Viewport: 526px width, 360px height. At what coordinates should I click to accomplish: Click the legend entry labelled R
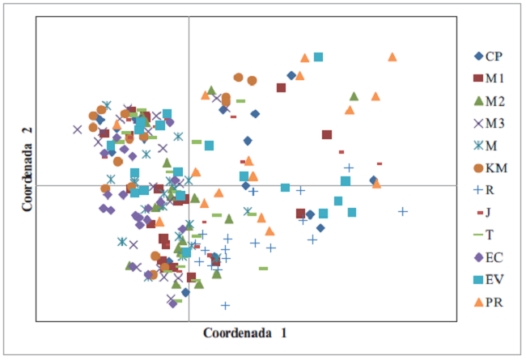[486, 190]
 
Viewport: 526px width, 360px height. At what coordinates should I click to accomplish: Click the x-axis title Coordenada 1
[244, 332]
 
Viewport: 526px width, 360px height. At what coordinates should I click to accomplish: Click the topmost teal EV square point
[319, 57]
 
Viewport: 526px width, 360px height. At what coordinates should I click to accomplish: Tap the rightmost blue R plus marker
[402, 212]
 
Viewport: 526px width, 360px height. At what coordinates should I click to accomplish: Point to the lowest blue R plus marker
[225, 305]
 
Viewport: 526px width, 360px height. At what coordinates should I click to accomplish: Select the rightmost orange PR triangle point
[392, 57]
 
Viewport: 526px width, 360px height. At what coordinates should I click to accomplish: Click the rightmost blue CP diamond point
[373, 180]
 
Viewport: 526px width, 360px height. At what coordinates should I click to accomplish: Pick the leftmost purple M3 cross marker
[77, 129]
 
